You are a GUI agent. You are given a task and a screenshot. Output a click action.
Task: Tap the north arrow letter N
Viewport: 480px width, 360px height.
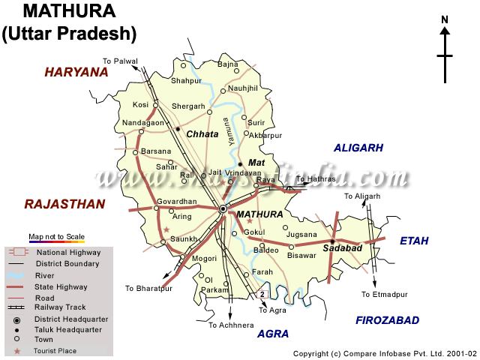(x=445, y=20)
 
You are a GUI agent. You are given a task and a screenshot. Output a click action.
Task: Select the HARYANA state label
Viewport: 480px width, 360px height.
(x=76, y=72)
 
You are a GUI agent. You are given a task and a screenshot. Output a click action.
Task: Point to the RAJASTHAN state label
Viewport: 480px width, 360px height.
(x=64, y=203)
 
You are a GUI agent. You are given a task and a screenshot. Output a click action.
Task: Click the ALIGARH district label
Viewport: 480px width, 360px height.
(x=358, y=148)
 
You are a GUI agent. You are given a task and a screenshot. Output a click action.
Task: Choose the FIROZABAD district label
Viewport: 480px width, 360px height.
(x=387, y=320)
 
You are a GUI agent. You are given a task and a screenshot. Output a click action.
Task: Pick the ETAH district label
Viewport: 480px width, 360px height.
(x=414, y=241)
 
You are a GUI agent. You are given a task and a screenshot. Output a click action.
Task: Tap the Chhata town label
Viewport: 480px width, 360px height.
(x=202, y=134)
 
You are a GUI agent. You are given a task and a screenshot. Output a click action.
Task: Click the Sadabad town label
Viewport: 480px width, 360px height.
(x=342, y=248)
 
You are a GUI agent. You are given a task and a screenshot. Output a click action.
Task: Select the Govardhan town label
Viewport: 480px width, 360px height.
(x=176, y=202)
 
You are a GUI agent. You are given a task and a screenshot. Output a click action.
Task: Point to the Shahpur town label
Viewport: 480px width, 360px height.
(x=186, y=80)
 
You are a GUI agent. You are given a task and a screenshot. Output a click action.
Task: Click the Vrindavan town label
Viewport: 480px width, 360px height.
(x=238, y=172)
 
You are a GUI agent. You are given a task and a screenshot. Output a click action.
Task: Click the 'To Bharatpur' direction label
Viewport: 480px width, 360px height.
(x=148, y=288)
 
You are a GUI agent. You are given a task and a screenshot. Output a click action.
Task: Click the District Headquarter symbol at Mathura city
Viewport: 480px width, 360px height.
(x=223, y=209)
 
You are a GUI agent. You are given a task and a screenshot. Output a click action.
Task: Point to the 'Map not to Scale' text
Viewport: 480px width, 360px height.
(x=57, y=237)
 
